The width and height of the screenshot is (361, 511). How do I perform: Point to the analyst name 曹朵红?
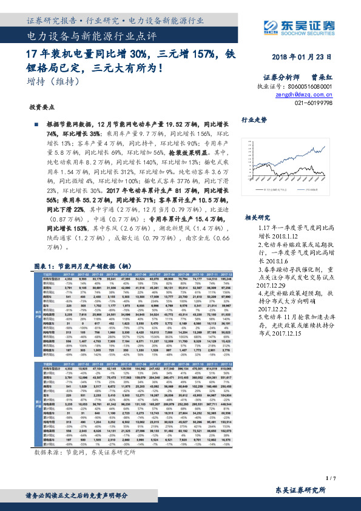(x=323, y=78)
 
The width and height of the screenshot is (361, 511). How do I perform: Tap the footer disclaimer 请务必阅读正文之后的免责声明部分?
(x=78, y=496)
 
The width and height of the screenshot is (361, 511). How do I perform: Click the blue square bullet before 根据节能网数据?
(x=36, y=124)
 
